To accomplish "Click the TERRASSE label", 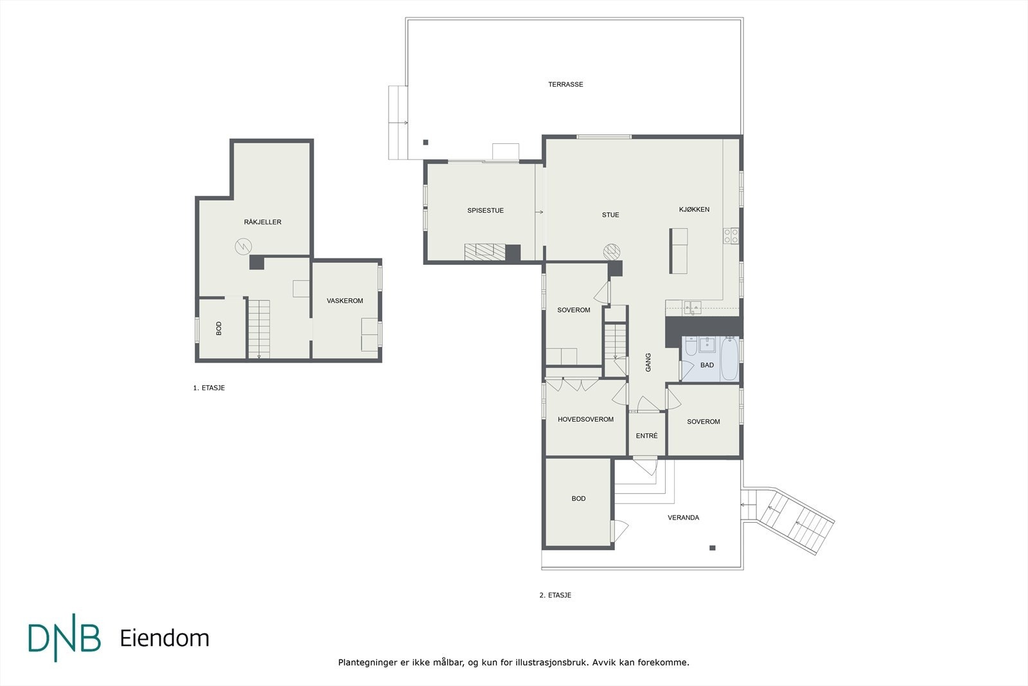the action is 565,84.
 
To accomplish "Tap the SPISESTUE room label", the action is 486,211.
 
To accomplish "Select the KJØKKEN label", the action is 695,210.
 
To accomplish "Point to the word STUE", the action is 610,215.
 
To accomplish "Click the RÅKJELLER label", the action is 263,222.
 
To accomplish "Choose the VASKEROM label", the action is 344,301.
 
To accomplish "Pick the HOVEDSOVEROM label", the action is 585,419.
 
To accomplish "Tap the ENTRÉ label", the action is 646,436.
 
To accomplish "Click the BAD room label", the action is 707,365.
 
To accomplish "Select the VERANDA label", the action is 684,518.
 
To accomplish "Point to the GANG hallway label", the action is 648,362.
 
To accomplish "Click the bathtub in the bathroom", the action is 729,359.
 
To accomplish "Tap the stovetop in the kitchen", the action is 731,236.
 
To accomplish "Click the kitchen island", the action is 678,251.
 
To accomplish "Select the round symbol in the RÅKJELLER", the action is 244,247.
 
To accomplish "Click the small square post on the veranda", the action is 713,548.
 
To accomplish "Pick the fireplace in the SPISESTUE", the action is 484,252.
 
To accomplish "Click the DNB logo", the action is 64,637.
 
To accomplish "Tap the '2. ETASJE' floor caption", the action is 555,595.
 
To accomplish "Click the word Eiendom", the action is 164,638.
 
